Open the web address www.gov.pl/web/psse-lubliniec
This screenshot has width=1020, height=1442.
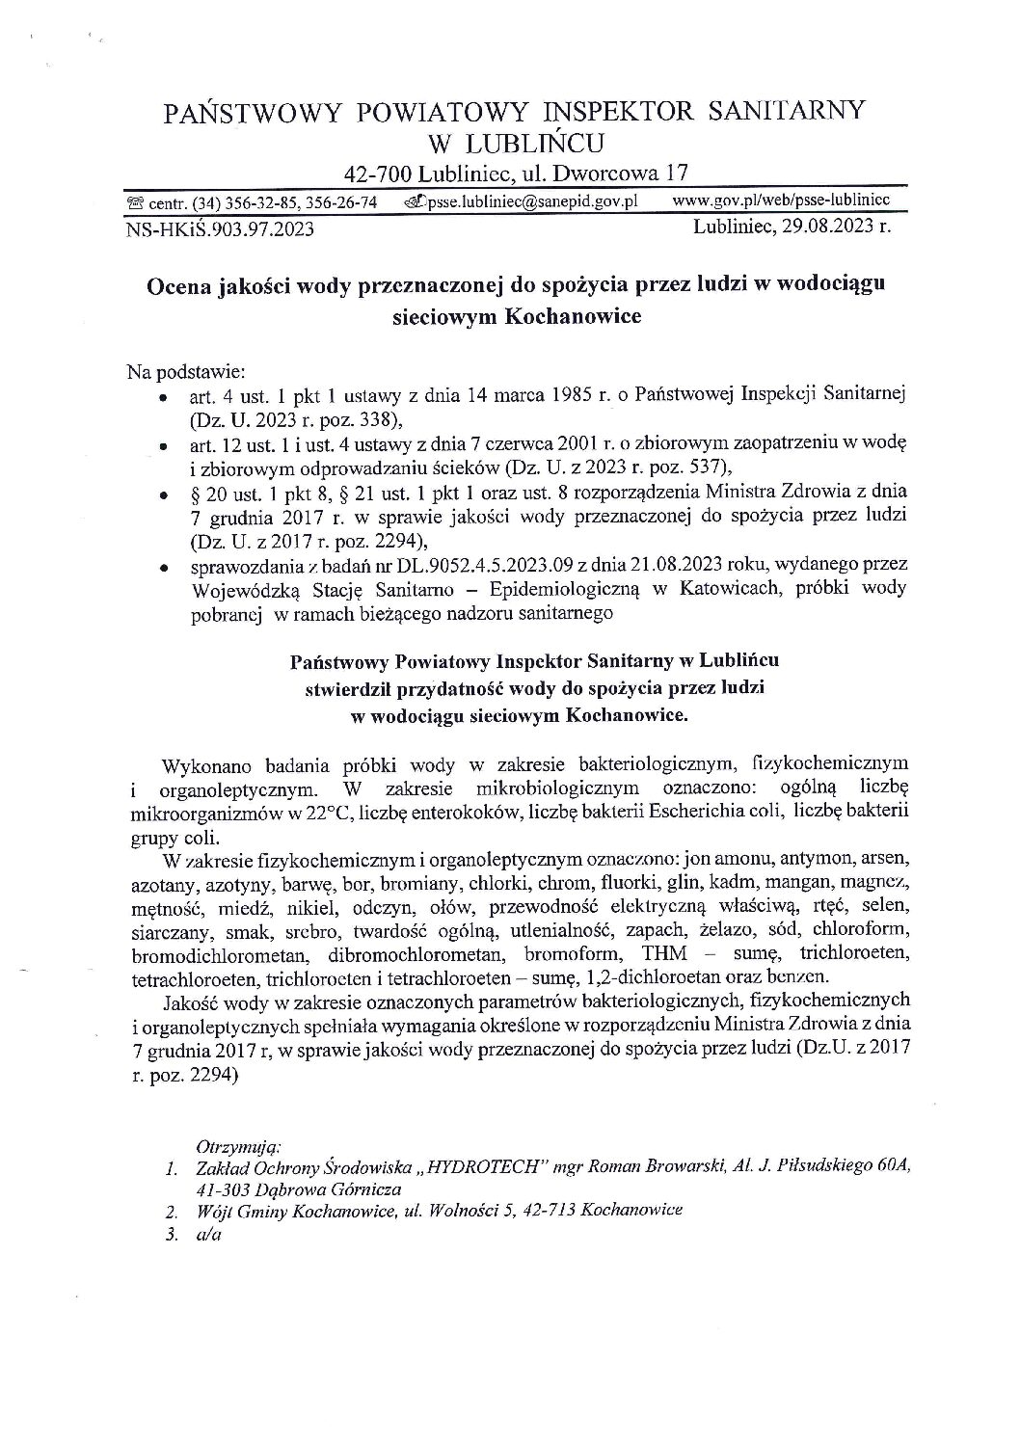point(781,200)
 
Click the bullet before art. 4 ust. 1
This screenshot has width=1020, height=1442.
point(165,397)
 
